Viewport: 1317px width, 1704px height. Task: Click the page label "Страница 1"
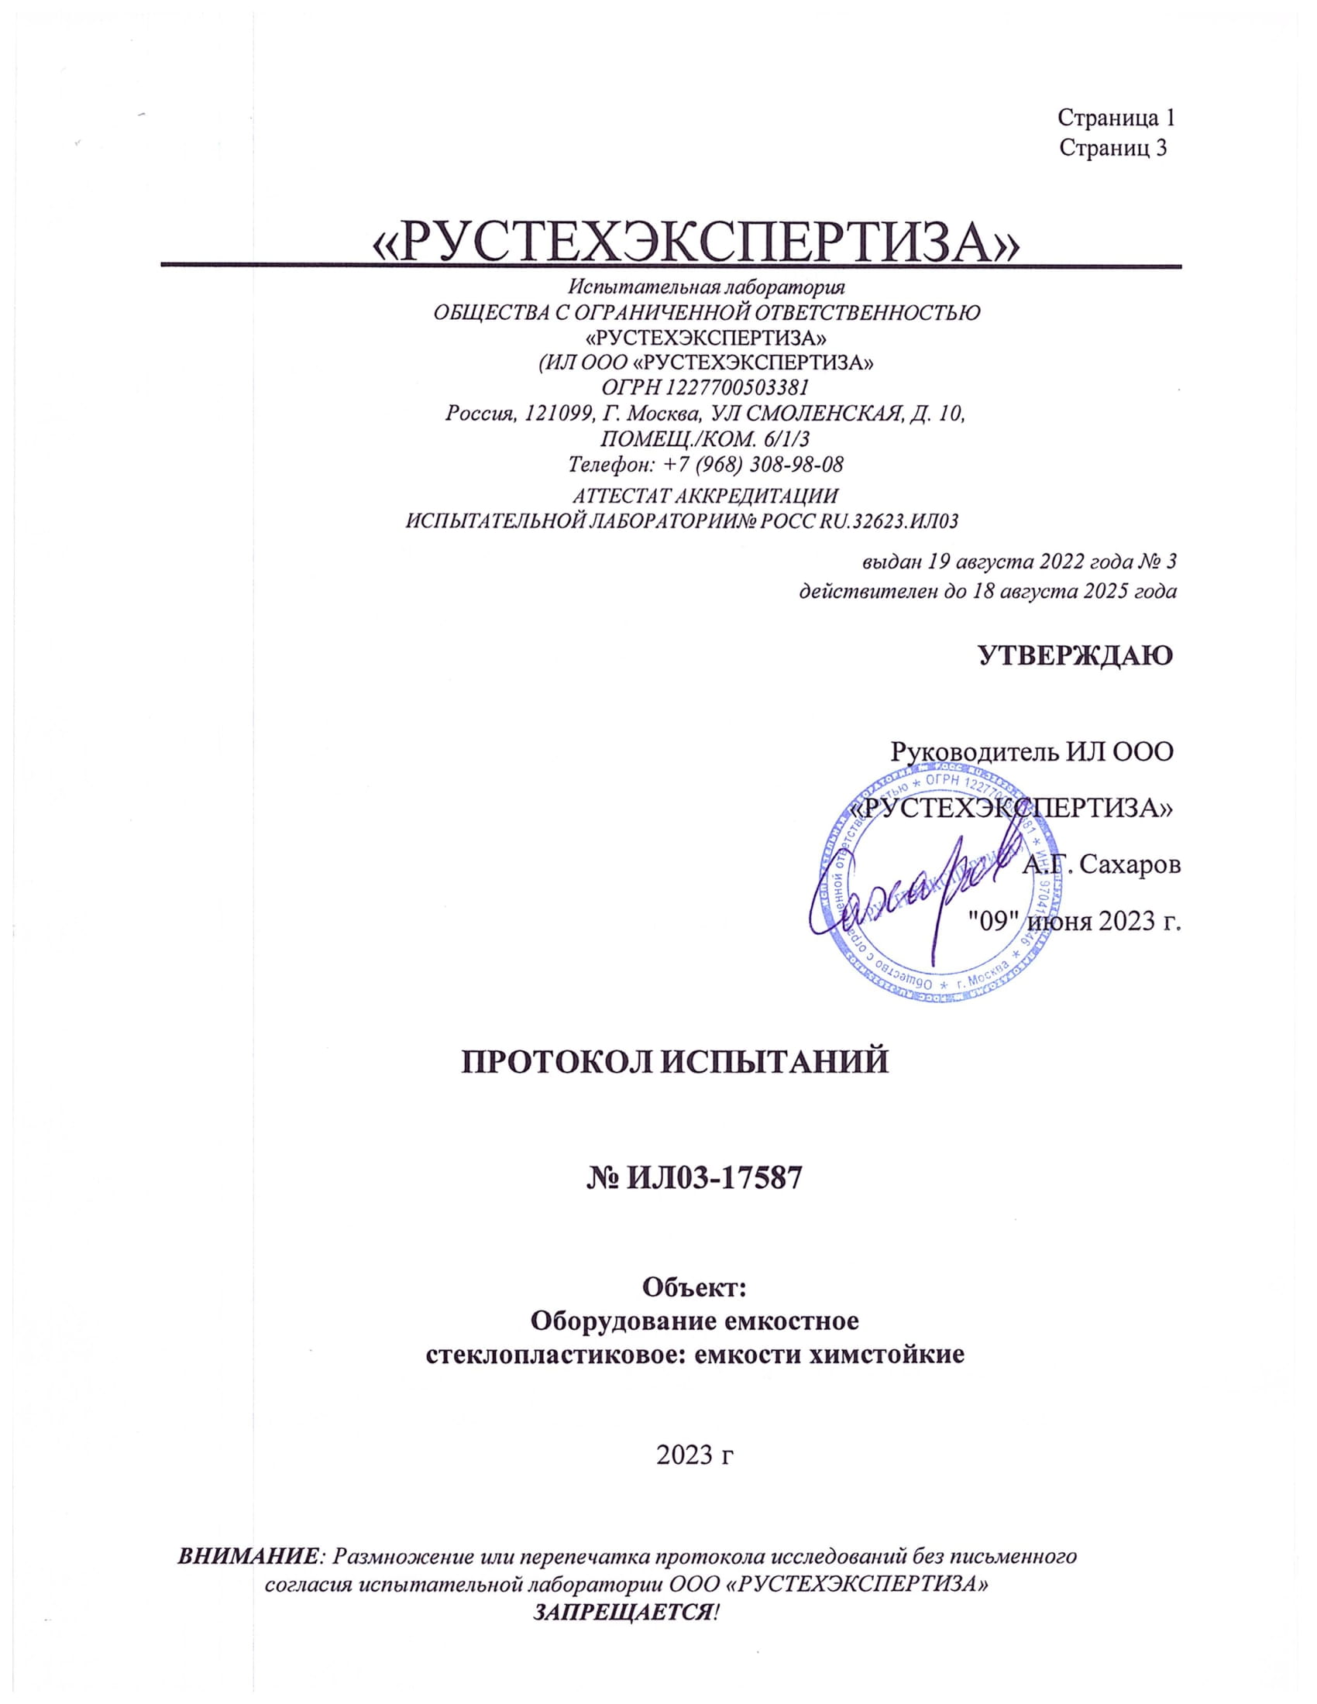pos(1116,118)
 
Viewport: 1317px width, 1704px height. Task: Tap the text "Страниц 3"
pos(1112,148)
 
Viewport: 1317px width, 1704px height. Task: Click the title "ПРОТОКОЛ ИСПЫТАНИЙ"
pos(676,1063)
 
